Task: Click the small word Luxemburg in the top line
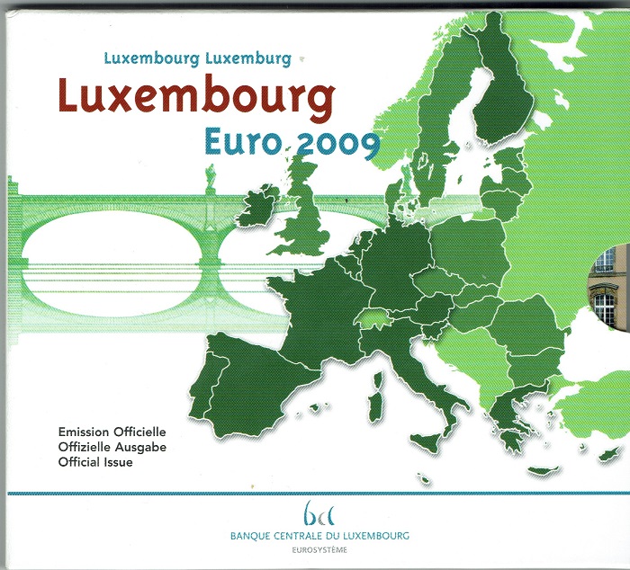click(248, 59)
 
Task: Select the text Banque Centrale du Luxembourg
click(320, 532)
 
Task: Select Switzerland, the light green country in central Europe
click(373, 316)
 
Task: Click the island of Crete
click(543, 470)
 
